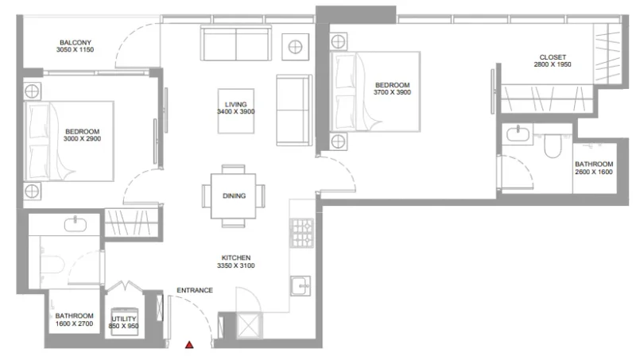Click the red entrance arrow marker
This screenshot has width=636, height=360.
189,345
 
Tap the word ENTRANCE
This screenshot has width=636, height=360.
195,290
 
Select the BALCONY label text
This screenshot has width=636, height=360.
76,43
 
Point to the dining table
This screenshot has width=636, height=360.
234,195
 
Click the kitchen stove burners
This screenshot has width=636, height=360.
302,232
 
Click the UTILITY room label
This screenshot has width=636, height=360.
125,318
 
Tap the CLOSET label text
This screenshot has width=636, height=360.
553,57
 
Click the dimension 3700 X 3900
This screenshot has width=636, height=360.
392,93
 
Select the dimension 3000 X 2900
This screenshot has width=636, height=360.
82,138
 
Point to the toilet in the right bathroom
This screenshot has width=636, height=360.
551,147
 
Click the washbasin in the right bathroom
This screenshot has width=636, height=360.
518,134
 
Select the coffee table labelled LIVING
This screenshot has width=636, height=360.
236,108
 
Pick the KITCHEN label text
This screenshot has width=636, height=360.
236,258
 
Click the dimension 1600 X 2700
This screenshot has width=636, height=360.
76,325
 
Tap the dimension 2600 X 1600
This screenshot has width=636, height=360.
594,171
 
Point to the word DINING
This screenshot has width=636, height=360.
234,195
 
